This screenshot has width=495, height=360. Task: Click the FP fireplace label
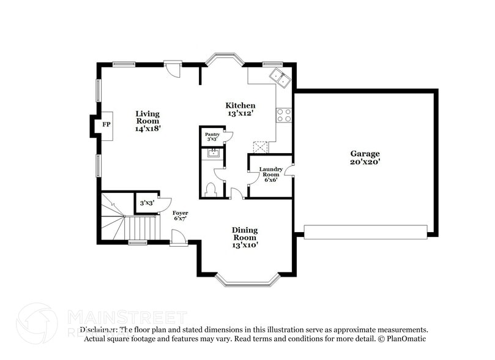click(106, 125)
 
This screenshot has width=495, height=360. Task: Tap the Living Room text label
click(147, 121)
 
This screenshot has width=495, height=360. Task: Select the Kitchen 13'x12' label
click(240, 110)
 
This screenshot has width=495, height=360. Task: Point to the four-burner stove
click(284, 114)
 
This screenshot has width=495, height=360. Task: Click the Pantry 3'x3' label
click(212, 136)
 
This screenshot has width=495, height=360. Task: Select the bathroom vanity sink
click(213, 154)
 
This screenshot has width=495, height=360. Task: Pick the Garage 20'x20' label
click(365, 157)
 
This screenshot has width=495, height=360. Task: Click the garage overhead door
click(365, 232)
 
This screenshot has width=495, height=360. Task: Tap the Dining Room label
click(244, 237)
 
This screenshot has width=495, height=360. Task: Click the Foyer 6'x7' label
click(180, 216)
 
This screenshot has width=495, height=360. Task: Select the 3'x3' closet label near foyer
click(146, 203)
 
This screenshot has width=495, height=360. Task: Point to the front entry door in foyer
click(179, 238)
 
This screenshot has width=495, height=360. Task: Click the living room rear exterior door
click(173, 68)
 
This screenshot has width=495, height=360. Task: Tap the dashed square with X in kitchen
click(260, 147)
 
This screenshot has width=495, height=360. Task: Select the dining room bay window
click(247, 281)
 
